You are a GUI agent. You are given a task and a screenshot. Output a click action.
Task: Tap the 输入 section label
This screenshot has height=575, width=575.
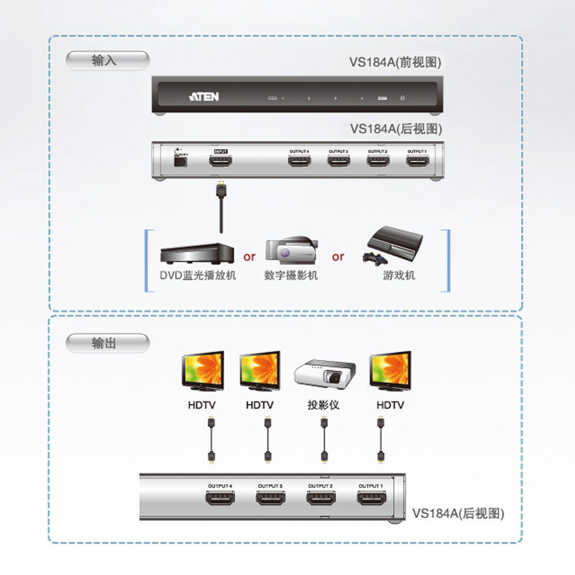(105, 60)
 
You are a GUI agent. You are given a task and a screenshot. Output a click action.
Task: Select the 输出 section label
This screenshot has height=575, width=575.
(105, 344)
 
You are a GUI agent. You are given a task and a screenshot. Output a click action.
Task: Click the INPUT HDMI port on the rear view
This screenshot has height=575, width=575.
(221, 162)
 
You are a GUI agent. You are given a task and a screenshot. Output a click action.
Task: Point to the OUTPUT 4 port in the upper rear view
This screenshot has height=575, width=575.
(299, 161)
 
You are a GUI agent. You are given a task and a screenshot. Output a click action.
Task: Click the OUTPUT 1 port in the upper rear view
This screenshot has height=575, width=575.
(417, 161)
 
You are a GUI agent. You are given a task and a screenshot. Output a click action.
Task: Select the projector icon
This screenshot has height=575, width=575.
(323, 375)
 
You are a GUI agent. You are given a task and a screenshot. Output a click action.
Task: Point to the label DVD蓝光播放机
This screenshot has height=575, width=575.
(197, 276)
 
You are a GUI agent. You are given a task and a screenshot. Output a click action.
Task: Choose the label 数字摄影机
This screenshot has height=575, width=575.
(290, 276)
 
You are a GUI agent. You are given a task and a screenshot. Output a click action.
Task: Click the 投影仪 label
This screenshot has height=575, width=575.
(323, 405)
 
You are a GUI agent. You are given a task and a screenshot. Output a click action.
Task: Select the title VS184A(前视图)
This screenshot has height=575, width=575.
(395, 63)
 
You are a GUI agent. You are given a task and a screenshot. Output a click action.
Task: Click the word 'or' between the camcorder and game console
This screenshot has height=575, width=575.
(338, 257)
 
